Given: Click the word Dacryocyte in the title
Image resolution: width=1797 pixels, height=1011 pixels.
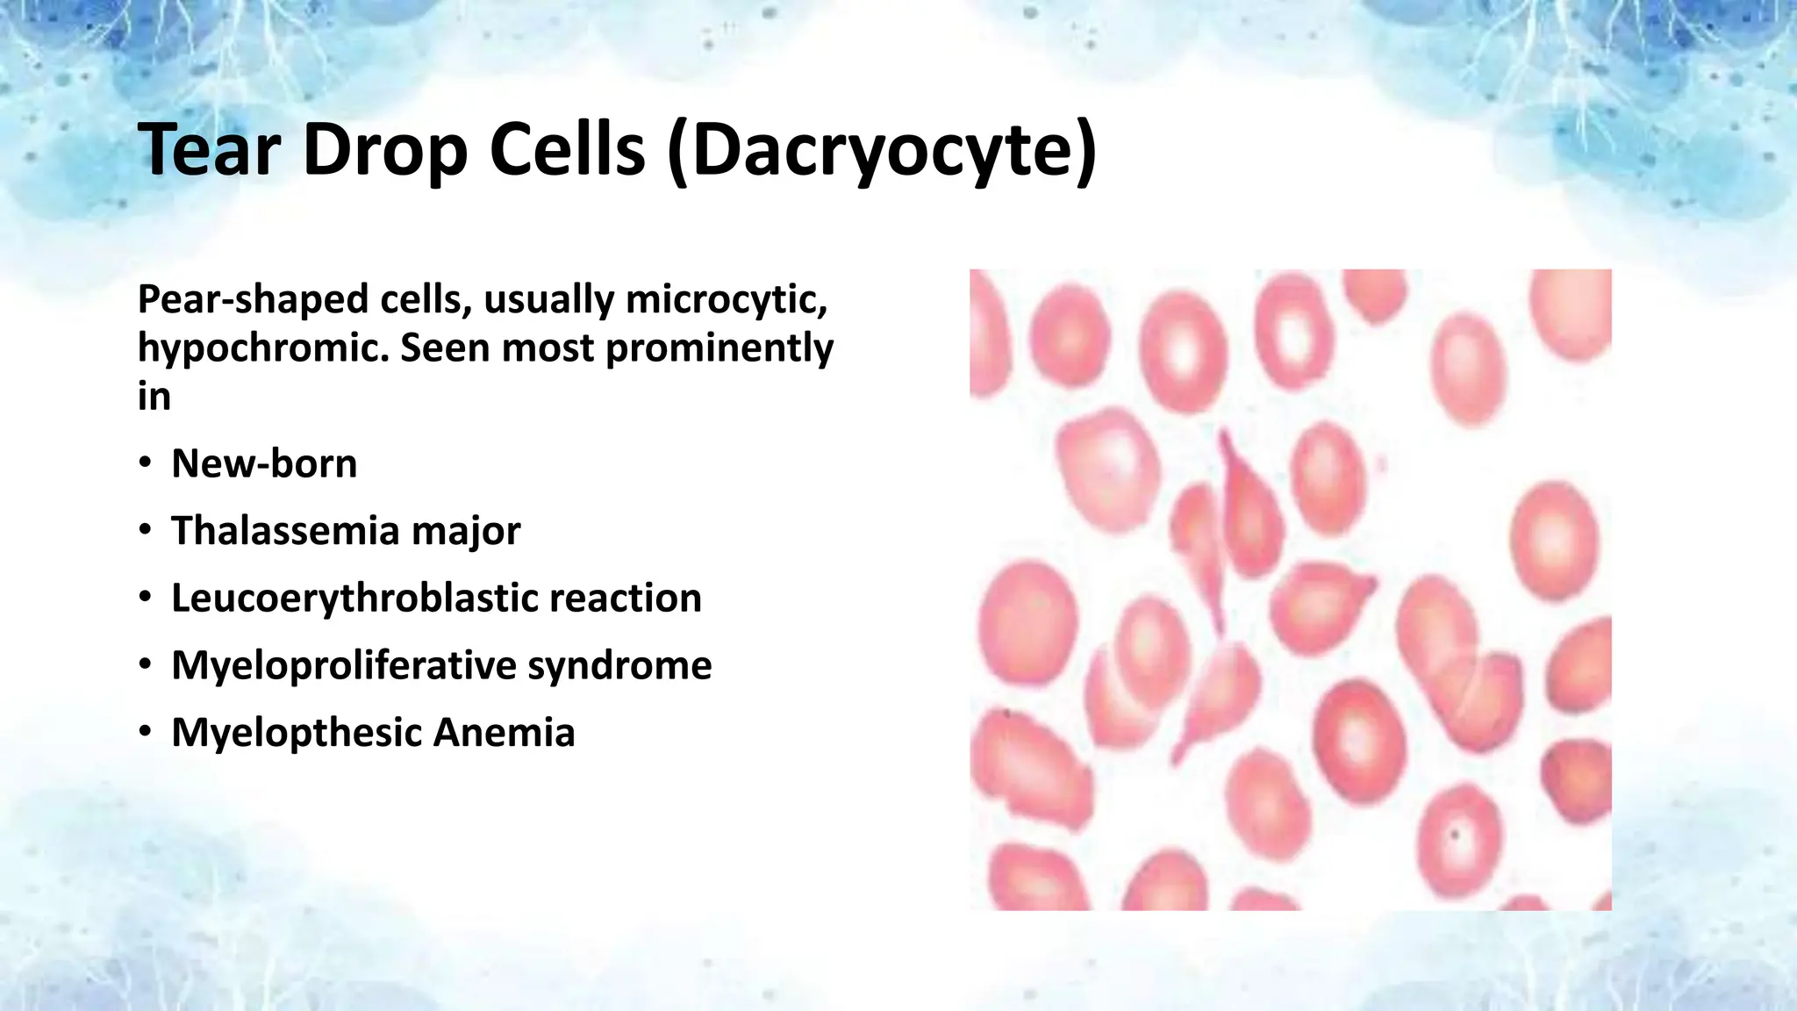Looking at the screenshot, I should [x=882, y=151].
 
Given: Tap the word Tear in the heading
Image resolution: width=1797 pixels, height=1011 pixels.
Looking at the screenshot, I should [x=209, y=151].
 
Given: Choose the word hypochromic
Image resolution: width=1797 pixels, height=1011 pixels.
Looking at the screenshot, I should [x=263, y=348].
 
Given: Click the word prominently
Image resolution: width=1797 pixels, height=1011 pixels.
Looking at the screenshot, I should [x=720, y=348].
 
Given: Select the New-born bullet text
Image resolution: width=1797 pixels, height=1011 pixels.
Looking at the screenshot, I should [x=264, y=463].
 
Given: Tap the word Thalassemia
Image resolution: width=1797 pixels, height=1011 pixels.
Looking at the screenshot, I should [x=284, y=531].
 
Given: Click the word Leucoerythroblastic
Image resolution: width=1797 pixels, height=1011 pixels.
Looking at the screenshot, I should [x=354, y=599].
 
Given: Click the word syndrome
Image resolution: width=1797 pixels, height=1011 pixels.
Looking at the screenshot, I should [x=619, y=665].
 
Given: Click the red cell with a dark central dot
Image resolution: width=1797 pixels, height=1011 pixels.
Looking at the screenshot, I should [x=1456, y=834].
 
